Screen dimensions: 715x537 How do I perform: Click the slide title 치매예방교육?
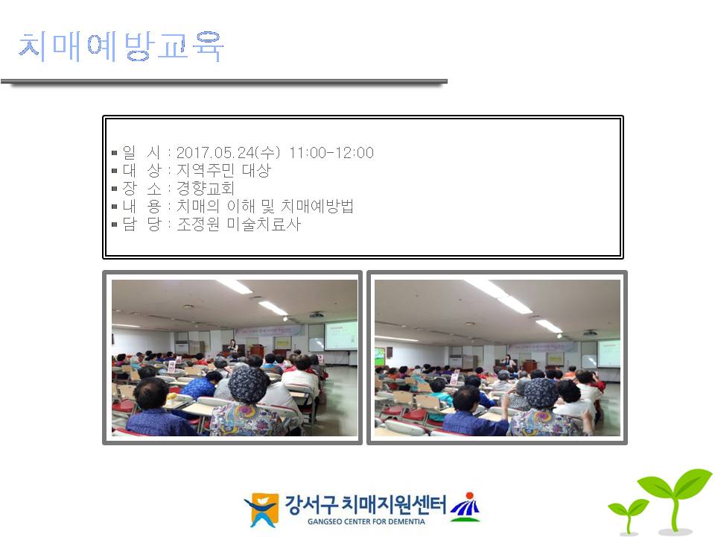pyautogui.click(x=121, y=46)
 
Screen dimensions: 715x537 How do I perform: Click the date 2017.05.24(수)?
pyautogui.click(x=229, y=152)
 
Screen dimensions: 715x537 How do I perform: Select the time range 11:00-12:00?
pyautogui.click(x=331, y=152)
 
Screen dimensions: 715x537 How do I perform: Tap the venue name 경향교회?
pyautogui.click(x=206, y=188)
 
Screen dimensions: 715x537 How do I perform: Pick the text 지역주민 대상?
pyautogui.click(x=224, y=170)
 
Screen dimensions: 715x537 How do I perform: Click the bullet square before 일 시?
pyautogui.click(x=115, y=153)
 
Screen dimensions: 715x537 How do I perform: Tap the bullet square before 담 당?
pyautogui.click(x=115, y=224)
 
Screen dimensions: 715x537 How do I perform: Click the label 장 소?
pyautogui.click(x=142, y=188)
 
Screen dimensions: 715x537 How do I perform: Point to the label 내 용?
pyautogui.click(x=142, y=207)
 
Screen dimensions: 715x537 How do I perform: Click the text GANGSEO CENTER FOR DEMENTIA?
pyautogui.click(x=366, y=521)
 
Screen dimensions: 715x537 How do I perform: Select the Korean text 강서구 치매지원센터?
pyautogui.click(x=365, y=504)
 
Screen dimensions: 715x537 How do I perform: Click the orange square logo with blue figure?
pyautogui.click(x=261, y=509)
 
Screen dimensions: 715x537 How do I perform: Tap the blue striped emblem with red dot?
pyautogui.click(x=465, y=507)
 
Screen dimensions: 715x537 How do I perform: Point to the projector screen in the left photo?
pyautogui.click(x=340, y=336)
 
